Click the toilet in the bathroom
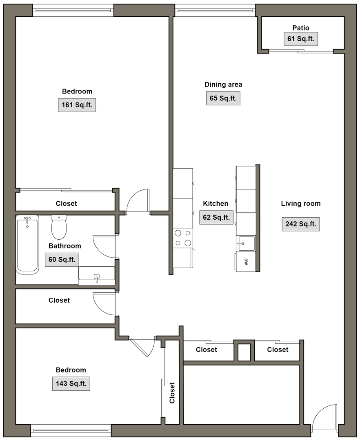59,227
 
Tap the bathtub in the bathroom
27,245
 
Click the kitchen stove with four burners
183,238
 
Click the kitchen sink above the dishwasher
246,243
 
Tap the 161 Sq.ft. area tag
77,105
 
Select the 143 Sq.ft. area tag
71,383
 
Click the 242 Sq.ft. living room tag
301,224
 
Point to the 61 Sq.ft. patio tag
301,39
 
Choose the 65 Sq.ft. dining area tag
223,98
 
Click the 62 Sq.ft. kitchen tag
216,217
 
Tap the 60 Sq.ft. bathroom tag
62,260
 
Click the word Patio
301,28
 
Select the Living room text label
301,204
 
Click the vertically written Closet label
172,393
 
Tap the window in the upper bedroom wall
73,11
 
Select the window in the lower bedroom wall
71,431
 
